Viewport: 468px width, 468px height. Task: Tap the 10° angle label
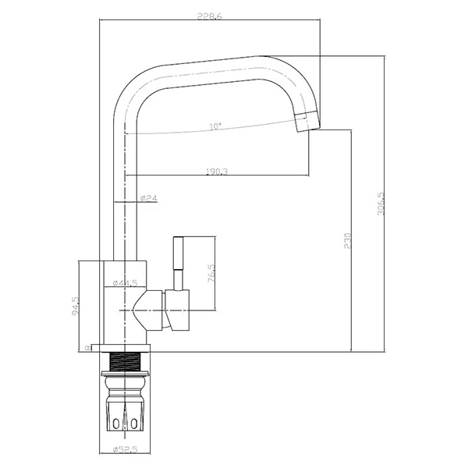click(215, 125)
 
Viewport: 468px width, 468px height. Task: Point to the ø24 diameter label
click(149, 200)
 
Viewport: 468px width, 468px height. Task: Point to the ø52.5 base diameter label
click(126, 449)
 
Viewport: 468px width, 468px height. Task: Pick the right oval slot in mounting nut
click(134, 423)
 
